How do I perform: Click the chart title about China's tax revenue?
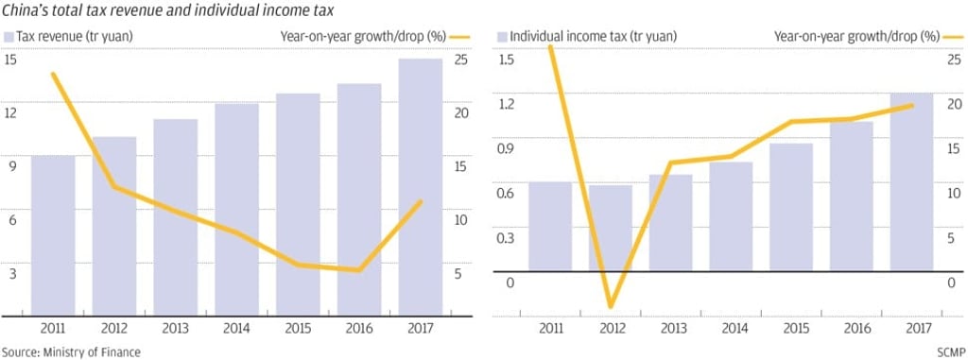(x=161, y=10)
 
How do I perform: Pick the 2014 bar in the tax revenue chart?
(x=236, y=209)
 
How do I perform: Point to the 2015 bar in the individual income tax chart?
(x=790, y=207)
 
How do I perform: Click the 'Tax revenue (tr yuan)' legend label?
(x=65, y=37)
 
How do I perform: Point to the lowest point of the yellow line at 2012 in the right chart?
(x=610, y=306)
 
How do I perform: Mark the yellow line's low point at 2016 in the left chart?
(x=358, y=270)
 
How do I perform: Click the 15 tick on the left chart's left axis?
(x=11, y=60)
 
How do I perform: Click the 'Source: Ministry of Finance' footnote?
(x=71, y=351)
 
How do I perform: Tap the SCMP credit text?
(x=950, y=351)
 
